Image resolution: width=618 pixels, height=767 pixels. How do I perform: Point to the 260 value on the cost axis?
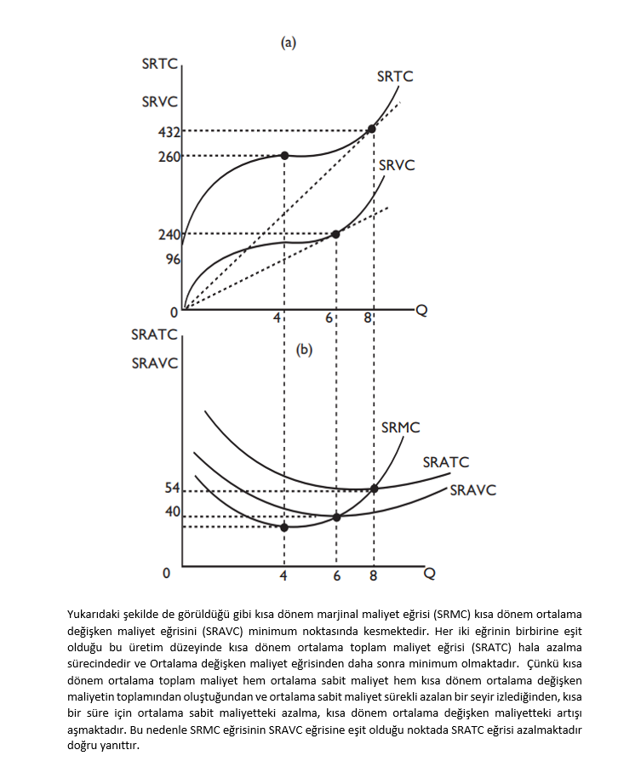169,157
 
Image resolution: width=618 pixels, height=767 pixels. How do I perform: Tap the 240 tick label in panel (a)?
169,235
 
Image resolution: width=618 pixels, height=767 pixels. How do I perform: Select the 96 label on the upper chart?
172,260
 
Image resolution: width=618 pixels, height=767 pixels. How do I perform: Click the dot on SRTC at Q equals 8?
371,129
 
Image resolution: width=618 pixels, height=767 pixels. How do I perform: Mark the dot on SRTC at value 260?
284,155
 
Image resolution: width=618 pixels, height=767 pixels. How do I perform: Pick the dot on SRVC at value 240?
335,234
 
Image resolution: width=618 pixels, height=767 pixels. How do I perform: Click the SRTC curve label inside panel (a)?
395,77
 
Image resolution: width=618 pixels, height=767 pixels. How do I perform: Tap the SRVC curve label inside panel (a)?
397,165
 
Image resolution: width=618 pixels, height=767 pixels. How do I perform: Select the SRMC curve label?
400,427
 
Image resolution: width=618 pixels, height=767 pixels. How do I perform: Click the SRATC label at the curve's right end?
446,462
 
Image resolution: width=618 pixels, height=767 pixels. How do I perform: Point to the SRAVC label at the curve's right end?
472,489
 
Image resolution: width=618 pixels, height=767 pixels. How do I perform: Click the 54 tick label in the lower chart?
172,488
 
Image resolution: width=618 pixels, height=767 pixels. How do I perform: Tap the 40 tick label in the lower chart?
172,512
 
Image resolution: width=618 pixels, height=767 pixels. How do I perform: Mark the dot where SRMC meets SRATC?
374,489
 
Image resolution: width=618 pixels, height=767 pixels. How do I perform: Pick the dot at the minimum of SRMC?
284,527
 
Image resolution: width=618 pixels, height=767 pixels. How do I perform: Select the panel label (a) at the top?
289,43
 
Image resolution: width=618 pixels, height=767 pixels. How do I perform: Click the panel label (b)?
305,349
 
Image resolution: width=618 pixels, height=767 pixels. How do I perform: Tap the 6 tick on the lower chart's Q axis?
337,576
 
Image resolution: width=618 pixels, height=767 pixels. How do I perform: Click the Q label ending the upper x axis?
421,311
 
